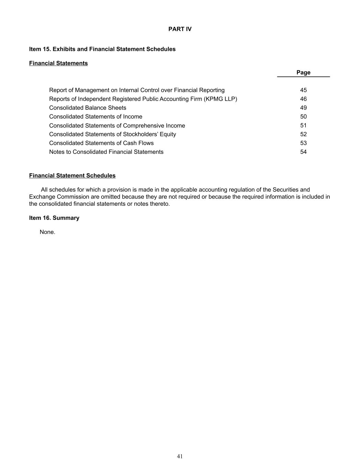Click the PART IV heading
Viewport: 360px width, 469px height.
180,29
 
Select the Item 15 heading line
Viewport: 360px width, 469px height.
102,49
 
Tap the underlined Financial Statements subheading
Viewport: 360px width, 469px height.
58,63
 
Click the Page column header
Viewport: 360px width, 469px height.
303,72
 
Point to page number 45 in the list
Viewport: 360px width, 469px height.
303,90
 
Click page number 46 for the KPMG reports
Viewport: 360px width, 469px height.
303,99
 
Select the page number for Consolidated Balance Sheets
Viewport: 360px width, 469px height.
303,108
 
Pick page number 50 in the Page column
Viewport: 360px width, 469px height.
303,117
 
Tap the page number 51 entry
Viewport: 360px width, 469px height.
303,126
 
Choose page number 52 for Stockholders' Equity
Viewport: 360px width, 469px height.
303,134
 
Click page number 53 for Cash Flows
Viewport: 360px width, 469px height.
303,143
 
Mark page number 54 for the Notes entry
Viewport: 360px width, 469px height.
303,152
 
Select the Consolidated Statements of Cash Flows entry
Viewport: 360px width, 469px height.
101,143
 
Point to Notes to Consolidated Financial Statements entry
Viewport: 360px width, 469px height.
106,152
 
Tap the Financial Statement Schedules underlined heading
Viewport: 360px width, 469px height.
72,176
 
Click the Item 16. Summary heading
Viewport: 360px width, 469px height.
54,218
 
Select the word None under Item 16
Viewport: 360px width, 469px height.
47,232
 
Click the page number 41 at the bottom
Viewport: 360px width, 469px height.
180,456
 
